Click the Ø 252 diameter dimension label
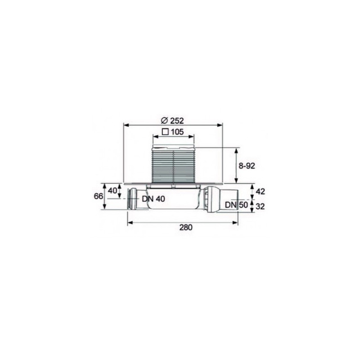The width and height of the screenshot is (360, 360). pos(172,120)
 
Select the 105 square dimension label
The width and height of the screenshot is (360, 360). pos(173,132)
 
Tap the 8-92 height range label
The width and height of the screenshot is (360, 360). pos(247,166)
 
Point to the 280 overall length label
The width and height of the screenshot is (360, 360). pos(186,227)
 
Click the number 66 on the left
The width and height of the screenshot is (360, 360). pos(98,196)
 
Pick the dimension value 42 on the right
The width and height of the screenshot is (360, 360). pos(260,191)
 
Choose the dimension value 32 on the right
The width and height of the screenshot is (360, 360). pos(260,206)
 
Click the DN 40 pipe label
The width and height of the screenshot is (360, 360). pos(153,199)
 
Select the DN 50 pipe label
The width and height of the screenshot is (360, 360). pos(237,205)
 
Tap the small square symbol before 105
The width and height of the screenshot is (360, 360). pos(165,132)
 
